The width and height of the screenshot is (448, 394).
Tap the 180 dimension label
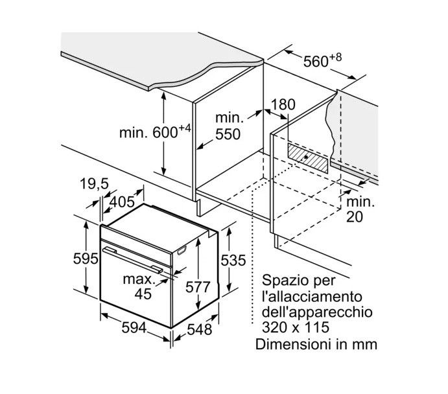click(283, 104)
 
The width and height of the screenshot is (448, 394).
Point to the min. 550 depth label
click(229, 126)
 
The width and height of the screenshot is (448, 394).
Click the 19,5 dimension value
click(94, 185)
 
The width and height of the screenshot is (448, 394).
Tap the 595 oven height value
click(84, 259)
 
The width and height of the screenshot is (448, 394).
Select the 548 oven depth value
click(200, 329)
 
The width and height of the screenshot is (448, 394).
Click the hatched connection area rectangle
click(305, 156)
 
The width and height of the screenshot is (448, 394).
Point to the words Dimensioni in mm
click(316, 343)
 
